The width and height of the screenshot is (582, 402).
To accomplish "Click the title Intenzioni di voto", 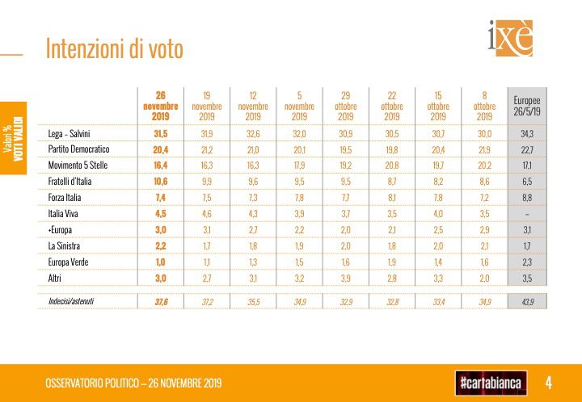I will click(114, 49).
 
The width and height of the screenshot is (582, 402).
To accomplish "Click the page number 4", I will click(549, 381).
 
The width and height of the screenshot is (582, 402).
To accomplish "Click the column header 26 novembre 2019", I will click(160, 105).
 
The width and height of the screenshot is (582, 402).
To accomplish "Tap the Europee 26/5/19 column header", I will click(527, 105).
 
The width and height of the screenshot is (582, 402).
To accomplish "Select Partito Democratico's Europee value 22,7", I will click(527, 149).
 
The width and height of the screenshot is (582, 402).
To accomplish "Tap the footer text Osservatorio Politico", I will click(133, 382).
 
